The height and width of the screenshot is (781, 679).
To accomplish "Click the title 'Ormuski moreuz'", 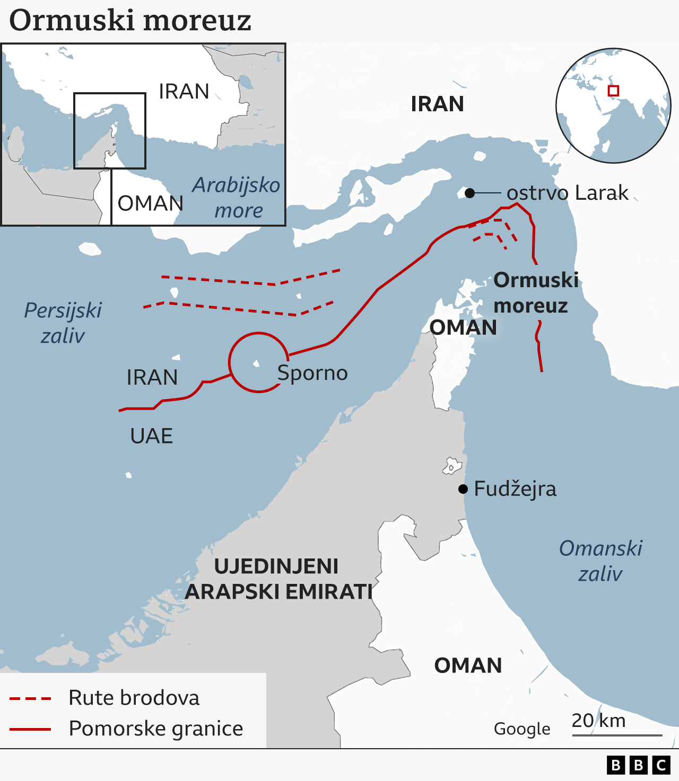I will tap(130, 21).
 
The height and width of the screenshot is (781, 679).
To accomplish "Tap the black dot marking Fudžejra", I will tap(463, 489).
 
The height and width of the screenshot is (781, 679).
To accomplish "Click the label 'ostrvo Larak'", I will tap(567, 193).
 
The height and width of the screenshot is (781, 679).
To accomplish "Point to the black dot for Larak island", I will tap(469, 193).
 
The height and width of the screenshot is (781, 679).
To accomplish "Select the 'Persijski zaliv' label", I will tap(63, 323).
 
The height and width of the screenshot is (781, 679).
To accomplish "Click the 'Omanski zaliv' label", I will tap(600, 561).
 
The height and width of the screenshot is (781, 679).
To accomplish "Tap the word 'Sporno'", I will tap(312, 373).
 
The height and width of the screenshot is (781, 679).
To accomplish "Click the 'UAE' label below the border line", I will tap(151, 436).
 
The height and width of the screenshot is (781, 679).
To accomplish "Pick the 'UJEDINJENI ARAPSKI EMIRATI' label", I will tap(278, 579).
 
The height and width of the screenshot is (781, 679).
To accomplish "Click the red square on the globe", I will tap(613, 91).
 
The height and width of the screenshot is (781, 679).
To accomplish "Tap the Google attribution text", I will tap(522, 729).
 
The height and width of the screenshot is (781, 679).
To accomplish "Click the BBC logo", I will tap(638, 765).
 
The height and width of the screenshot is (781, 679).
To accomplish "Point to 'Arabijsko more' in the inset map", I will tap(237, 198).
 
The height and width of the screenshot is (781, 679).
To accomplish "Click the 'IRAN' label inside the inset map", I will tap(184, 92).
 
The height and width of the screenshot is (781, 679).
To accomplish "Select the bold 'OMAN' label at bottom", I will tap(468, 665).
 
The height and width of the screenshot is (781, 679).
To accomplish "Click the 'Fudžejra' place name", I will tap(515, 489).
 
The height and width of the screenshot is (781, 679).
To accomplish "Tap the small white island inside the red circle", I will tap(256, 363).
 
